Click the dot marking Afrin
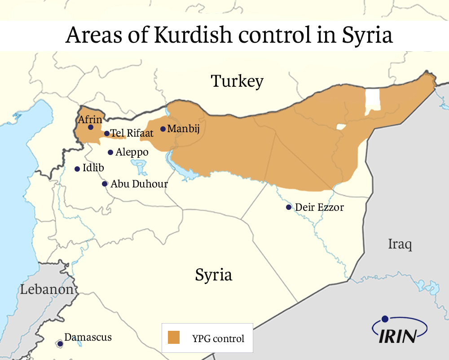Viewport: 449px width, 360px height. (x=91, y=127)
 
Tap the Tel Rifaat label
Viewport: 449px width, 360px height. (x=132, y=133)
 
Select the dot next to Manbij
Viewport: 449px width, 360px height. (x=163, y=129)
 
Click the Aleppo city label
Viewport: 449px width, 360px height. (x=132, y=152)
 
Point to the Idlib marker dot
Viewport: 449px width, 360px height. (x=77, y=169)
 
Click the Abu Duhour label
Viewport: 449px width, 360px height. (x=139, y=184)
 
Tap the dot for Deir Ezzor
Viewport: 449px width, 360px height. (x=289, y=207)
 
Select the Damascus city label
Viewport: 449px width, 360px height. (x=88, y=337)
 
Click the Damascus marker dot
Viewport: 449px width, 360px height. (x=60, y=344)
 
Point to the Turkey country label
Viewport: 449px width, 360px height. (x=237, y=81)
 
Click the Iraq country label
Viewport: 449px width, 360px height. (x=400, y=244)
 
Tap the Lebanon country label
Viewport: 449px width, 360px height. (x=47, y=289)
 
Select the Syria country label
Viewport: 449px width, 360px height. (x=213, y=275)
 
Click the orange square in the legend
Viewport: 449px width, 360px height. (x=173, y=338)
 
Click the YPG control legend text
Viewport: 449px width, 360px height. (x=218, y=338)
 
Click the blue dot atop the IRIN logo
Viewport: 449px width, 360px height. (x=385, y=319)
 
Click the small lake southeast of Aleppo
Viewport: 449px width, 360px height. (x=141, y=168)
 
